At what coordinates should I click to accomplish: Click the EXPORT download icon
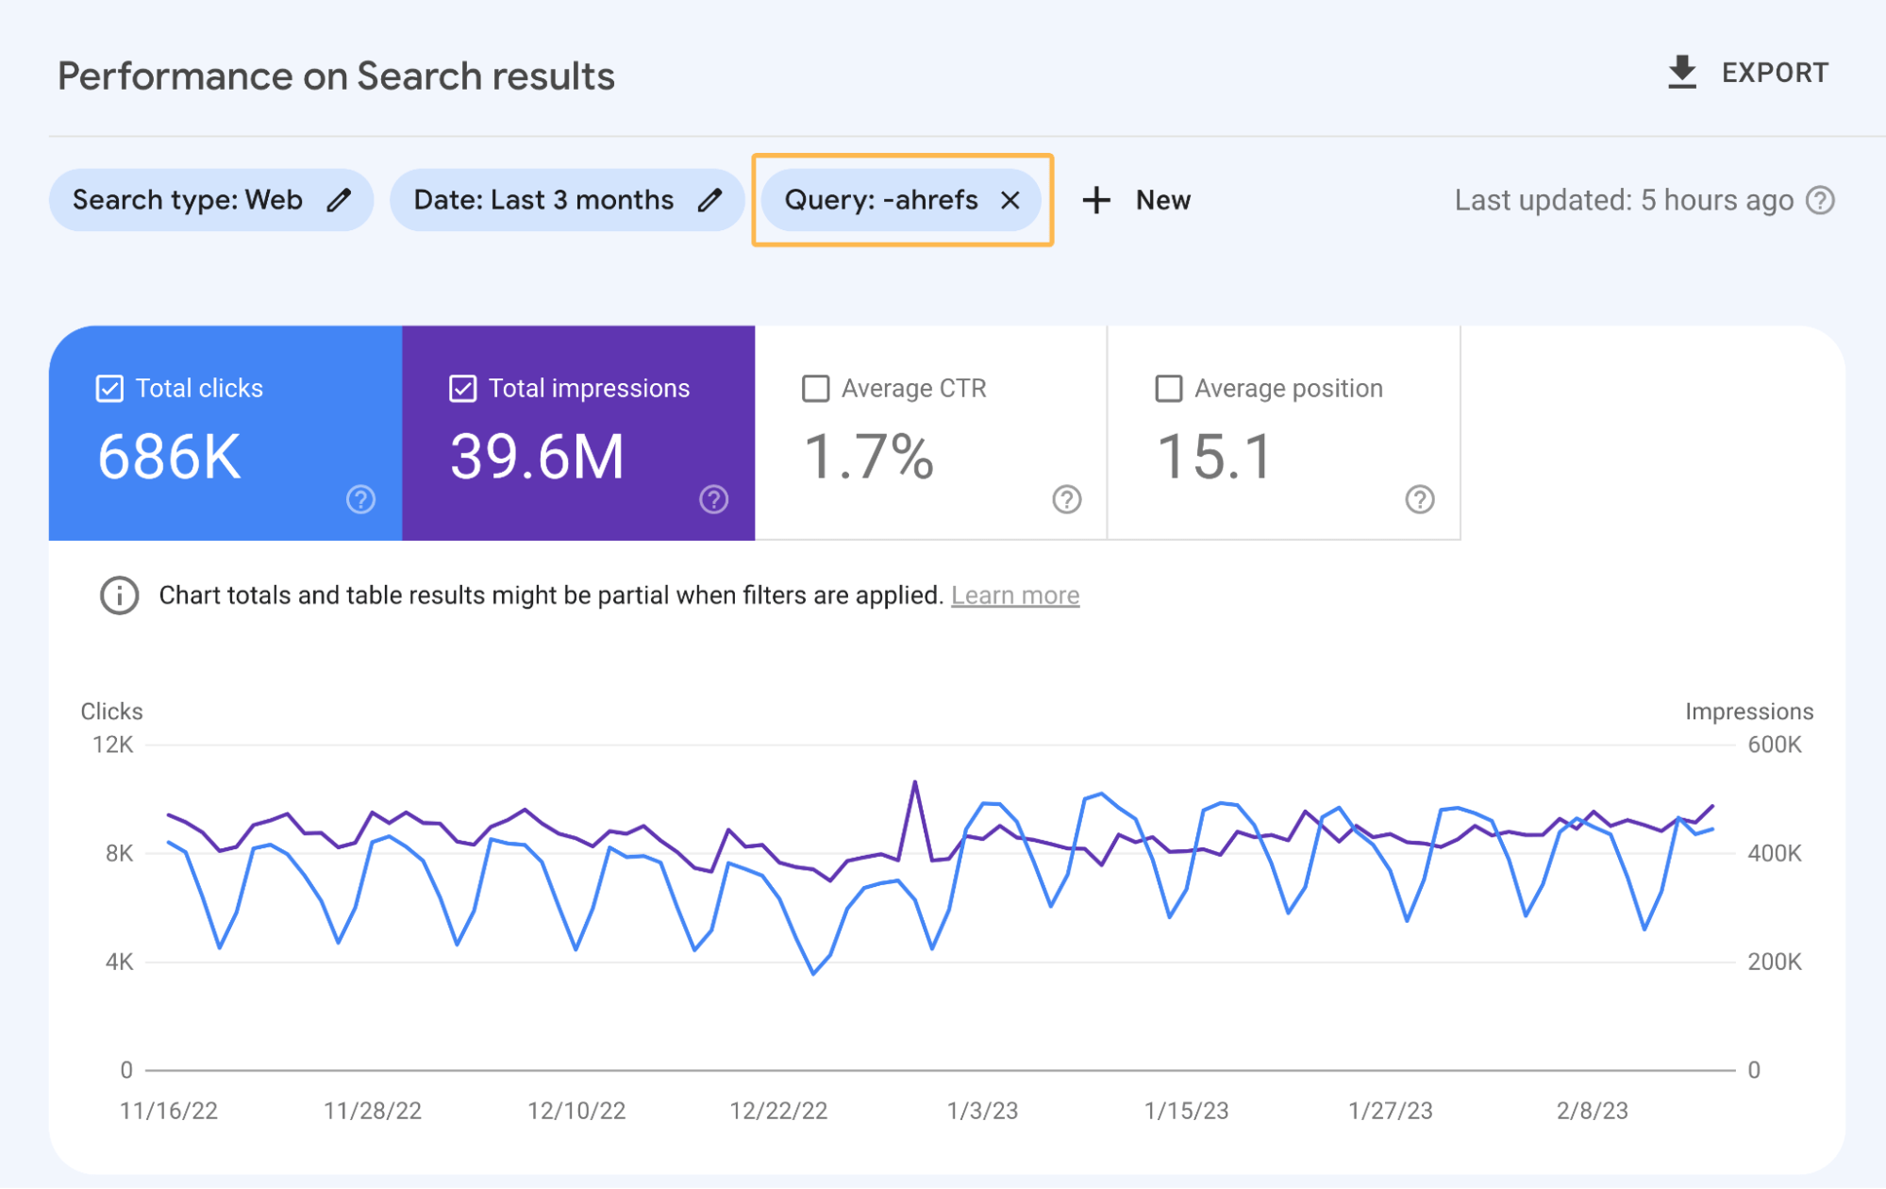point(1681,73)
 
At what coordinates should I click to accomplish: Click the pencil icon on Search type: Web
point(339,200)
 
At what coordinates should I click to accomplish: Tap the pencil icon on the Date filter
point(709,200)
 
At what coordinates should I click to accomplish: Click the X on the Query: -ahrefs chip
point(1010,200)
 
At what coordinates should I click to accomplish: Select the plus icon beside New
point(1096,200)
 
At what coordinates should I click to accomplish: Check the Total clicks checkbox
point(109,389)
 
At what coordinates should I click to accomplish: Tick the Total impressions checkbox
point(462,389)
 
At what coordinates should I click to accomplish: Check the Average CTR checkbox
point(815,389)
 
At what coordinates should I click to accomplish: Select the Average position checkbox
point(1168,389)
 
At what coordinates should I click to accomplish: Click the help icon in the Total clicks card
point(360,499)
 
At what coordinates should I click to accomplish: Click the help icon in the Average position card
point(1419,499)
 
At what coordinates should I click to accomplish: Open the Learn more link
point(1014,595)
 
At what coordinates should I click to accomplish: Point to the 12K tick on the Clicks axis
point(113,745)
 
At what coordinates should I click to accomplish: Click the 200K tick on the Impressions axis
point(1774,962)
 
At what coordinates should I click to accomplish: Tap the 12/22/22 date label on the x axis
point(778,1111)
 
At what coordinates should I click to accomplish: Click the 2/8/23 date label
point(1592,1111)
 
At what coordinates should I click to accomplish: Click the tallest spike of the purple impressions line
point(914,783)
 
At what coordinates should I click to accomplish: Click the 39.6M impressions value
point(537,457)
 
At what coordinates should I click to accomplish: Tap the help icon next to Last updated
point(1820,200)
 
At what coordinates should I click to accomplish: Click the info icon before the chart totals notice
point(120,595)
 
